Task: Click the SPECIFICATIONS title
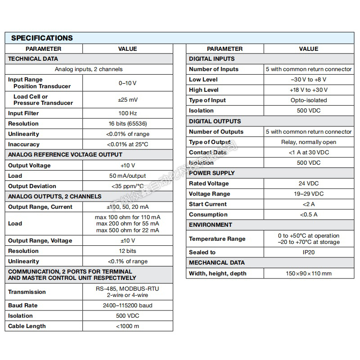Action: coord(42,38)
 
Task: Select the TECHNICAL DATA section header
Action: coord(33,58)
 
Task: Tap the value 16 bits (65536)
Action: coord(127,124)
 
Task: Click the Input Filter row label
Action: coord(23,113)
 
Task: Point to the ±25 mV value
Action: coord(127,99)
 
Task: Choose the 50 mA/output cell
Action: coord(127,176)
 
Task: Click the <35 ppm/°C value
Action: coord(127,186)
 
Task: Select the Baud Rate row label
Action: coord(22,306)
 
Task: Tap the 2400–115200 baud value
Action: coord(127,306)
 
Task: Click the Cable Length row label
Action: coord(27,326)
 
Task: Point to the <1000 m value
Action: coord(127,326)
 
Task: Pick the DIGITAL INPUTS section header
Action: coord(212,58)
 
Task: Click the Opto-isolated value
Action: coord(309,100)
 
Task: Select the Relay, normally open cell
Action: coord(309,142)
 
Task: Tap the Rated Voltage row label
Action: coord(209,184)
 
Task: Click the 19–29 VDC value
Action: coord(309,194)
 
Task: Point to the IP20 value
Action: coord(309,252)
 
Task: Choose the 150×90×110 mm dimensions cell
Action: coord(309,274)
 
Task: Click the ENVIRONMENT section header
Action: coord(211,225)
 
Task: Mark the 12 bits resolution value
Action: coord(127,251)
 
